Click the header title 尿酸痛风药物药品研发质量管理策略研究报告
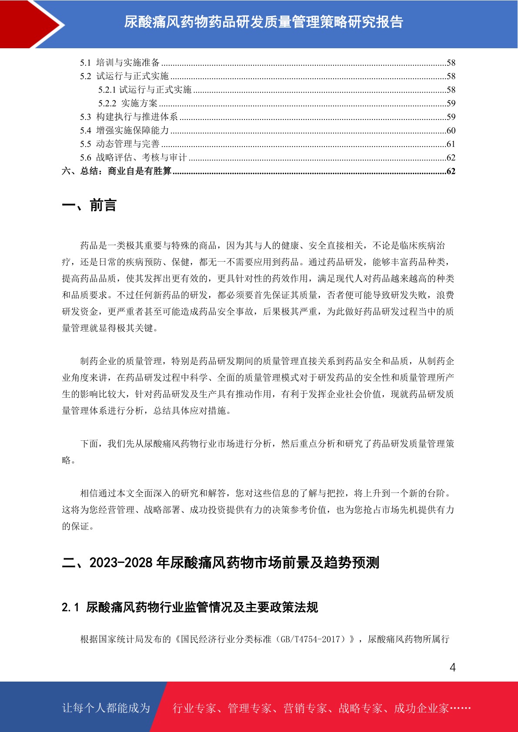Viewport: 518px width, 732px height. coord(264,22)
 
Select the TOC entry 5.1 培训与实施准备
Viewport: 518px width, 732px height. coord(120,63)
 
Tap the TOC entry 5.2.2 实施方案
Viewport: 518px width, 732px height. coord(128,103)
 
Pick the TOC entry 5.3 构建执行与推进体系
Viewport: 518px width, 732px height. coord(129,117)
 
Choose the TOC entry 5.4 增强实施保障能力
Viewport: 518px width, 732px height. coord(124,130)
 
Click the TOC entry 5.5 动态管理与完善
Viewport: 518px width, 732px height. coord(120,144)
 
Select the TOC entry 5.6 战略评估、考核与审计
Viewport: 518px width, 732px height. coord(134,157)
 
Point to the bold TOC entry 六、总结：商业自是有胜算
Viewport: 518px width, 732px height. coord(117,171)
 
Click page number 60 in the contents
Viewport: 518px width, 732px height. coord(451,130)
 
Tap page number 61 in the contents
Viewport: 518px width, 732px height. coord(451,144)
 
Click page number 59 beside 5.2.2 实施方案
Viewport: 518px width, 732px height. coord(451,103)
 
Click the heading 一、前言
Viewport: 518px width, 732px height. coord(89,205)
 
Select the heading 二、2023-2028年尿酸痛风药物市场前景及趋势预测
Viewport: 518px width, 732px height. coord(221,563)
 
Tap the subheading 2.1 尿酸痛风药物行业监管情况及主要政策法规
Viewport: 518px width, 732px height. coord(190,607)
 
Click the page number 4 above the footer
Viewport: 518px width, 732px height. coord(452,668)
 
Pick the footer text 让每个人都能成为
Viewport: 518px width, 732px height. coord(106,708)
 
